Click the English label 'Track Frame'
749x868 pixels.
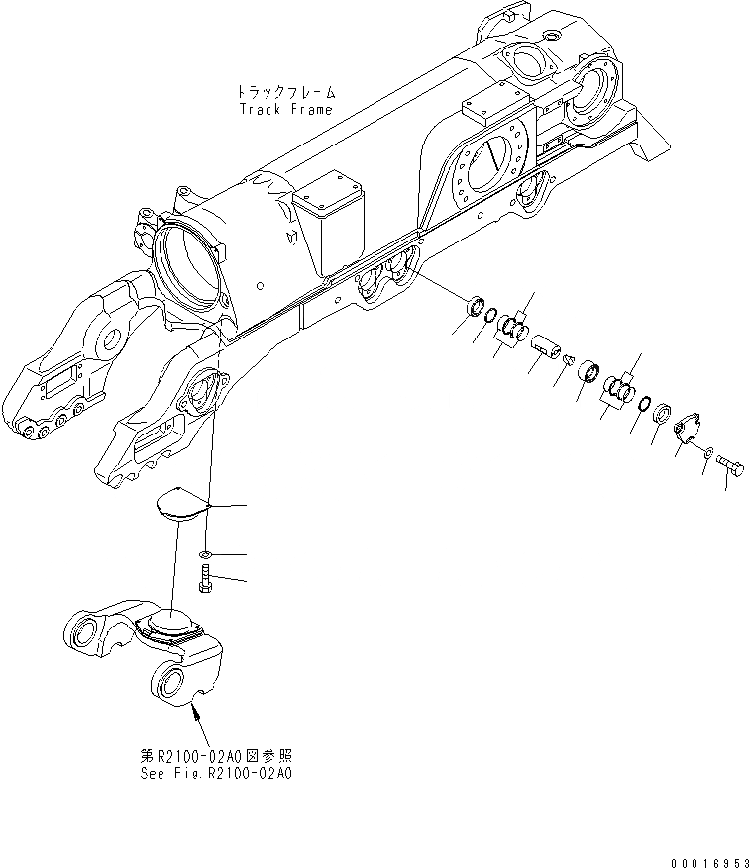(285, 109)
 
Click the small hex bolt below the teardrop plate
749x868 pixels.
(203, 580)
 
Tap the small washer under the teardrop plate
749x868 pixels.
(203, 555)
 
